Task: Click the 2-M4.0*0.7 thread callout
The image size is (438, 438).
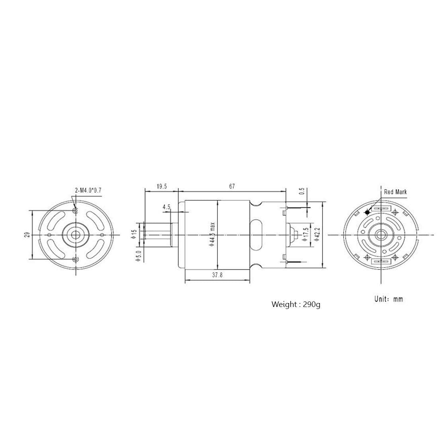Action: point(88,190)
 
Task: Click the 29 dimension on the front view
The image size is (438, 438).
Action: point(27,235)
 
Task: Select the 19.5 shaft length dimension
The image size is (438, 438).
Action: point(161,186)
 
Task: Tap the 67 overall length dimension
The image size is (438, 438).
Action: point(232,186)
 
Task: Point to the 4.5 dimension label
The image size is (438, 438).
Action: point(166,207)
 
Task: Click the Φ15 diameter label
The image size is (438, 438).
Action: point(135,231)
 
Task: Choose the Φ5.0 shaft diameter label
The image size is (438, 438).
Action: point(135,254)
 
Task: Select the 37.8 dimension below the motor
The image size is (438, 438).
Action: point(217,276)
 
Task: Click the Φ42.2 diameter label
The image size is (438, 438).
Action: point(317,235)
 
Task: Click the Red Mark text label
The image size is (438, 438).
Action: point(395,192)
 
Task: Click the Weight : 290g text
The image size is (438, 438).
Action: point(295,305)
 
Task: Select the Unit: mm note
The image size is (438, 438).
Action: point(388,299)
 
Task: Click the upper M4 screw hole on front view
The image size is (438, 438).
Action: point(75,210)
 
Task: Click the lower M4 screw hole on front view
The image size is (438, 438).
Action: point(75,260)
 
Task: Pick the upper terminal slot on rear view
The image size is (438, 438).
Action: point(381,208)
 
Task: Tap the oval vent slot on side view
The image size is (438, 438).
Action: point(256,235)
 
